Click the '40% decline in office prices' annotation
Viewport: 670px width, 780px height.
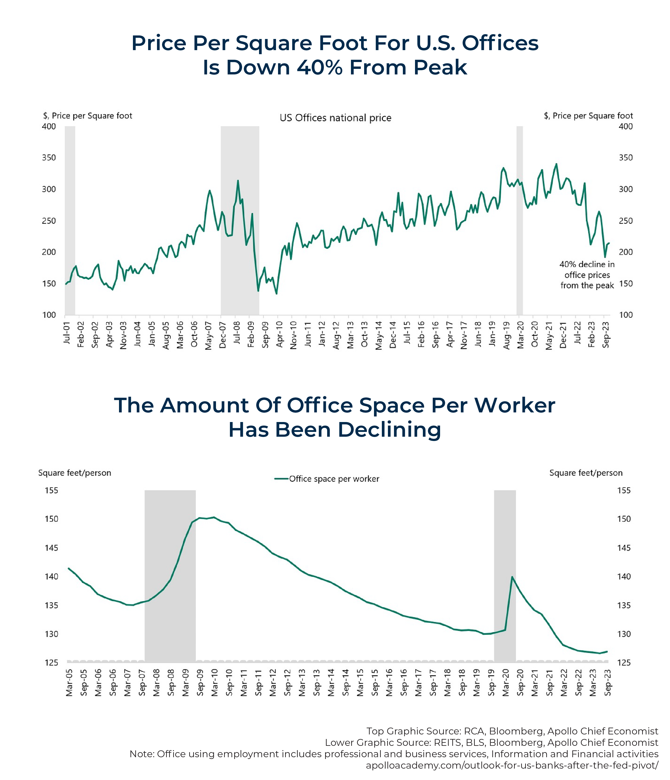coord(587,275)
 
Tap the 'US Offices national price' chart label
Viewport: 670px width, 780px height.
coord(335,118)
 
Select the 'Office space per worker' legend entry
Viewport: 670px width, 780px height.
coord(327,479)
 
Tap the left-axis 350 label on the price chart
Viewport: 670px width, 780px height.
coord(49,158)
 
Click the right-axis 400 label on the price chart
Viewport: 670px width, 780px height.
coord(625,127)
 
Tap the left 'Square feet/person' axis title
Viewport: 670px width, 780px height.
coord(74,473)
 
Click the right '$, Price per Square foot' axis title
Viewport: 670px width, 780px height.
coord(588,115)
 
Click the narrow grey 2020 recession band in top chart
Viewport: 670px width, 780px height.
coord(519,221)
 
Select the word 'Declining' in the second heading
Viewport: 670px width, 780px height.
coord(389,430)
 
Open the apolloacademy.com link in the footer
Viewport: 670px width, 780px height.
coord(512,765)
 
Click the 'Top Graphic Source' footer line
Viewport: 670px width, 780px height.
coord(512,731)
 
